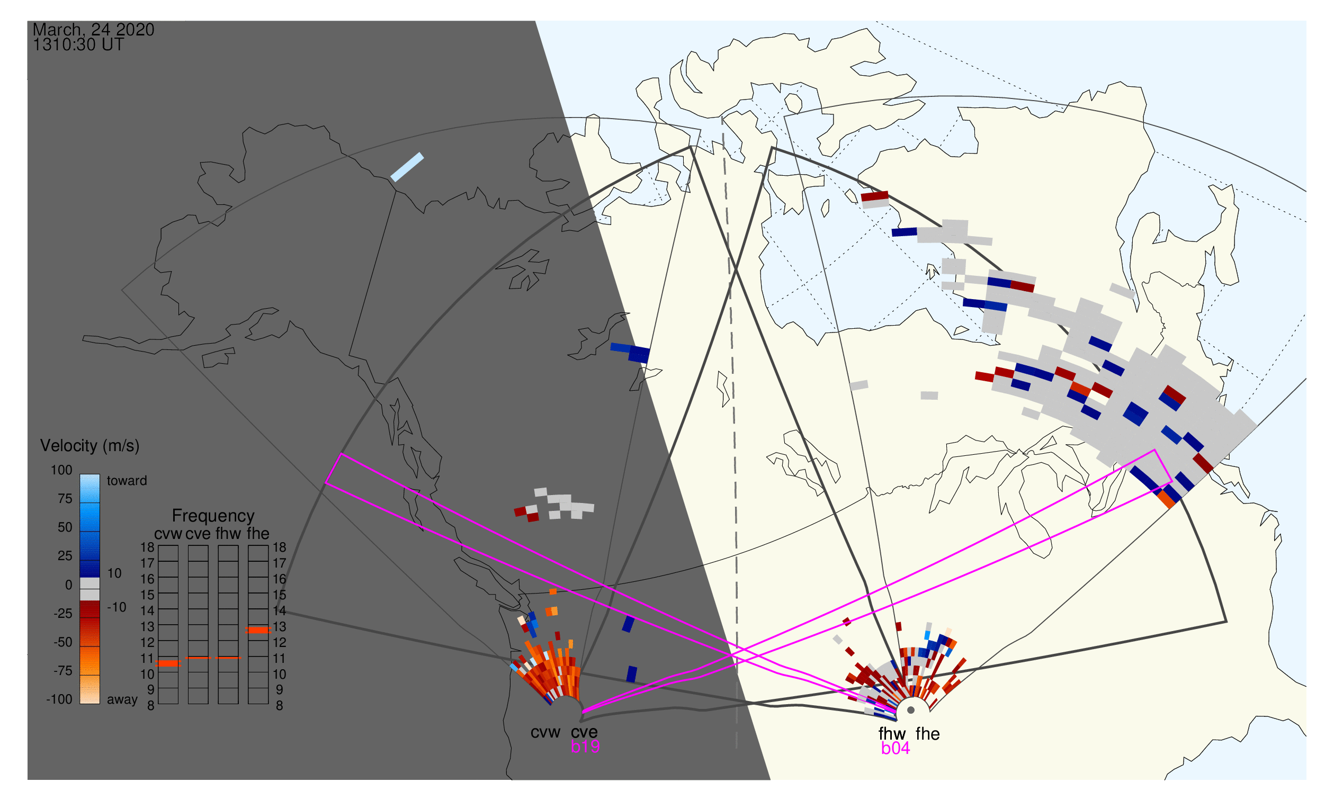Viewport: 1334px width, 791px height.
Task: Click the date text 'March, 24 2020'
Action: pos(93,30)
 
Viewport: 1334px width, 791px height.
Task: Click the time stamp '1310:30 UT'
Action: pos(78,45)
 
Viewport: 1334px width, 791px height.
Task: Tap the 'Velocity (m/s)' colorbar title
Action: pos(89,446)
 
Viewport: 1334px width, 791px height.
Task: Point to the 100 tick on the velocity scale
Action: pos(61,470)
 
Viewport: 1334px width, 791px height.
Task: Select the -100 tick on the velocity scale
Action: pos(59,699)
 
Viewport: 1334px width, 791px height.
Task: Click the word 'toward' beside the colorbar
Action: pos(127,481)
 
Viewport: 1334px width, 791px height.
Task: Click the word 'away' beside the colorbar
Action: pos(122,700)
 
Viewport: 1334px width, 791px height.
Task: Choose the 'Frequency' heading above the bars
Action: pos(213,516)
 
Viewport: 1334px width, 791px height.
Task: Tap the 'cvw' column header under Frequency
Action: pos(168,534)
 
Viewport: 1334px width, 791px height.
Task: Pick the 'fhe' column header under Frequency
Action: pos(258,534)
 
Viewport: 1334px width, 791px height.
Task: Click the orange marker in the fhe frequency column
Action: pos(258,630)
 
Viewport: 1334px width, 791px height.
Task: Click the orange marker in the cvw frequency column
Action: pos(168,663)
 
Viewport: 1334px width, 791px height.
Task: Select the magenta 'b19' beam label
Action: pos(585,747)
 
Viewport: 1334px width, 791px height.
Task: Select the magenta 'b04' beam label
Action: pos(895,749)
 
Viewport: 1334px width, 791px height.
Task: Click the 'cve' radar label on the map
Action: pos(584,732)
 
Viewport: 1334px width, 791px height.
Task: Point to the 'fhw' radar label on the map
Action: pos(892,734)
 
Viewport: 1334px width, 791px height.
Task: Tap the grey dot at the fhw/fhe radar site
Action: pos(911,711)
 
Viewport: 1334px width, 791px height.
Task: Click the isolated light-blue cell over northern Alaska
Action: pos(407,167)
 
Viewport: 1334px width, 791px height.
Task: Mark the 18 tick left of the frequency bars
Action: pos(147,547)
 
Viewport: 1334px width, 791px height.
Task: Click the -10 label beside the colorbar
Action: pos(117,607)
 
